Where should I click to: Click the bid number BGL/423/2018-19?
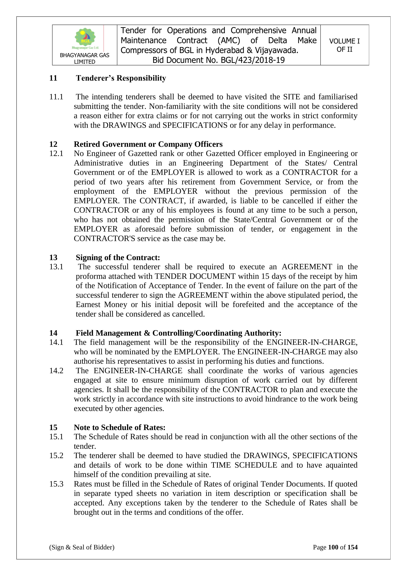(253, 60)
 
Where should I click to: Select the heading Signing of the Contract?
(118, 257)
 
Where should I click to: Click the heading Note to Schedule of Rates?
(120, 427)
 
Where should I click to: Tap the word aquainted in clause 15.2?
(341, 465)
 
